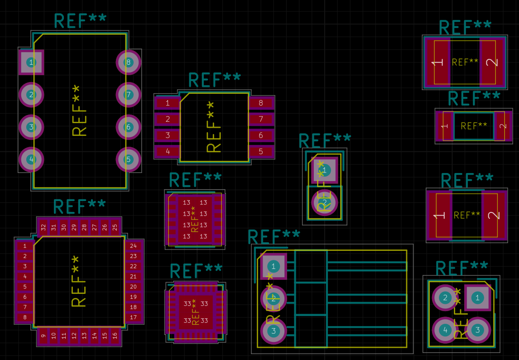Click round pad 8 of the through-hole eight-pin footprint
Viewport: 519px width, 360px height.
[x=128, y=62]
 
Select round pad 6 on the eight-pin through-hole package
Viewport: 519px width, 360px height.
[x=128, y=127]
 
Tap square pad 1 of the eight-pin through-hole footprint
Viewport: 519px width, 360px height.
[x=31, y=62]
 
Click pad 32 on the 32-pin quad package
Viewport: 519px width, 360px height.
[x=43, y=227]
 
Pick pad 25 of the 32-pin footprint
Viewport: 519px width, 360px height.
[x=115, y=227]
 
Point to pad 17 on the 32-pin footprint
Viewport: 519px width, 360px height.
[x=133, y=317]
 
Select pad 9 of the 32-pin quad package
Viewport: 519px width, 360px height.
[x=43, y=336]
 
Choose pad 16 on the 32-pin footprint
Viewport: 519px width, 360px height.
[x=115, y=336]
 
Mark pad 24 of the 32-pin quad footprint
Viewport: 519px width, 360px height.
[x=133, y=246]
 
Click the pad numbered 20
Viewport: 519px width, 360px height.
[x=133, y=287]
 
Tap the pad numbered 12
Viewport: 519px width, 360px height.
[x=74, y=336]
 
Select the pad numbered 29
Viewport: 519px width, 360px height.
[x=74, y=227]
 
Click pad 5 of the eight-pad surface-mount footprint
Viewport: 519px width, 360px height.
[x=261, y=151]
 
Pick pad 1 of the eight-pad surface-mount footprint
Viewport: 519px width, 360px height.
[x=168, y=103]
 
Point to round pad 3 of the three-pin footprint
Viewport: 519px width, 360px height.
[x=274, y=331]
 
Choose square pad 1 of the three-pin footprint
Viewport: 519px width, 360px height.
[x=274, y=266]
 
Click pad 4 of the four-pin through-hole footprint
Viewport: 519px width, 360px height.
[x=446, y=330]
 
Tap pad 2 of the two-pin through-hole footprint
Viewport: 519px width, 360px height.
[x=325, y=202]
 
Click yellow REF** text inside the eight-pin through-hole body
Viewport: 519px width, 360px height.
[x=79, y=110]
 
